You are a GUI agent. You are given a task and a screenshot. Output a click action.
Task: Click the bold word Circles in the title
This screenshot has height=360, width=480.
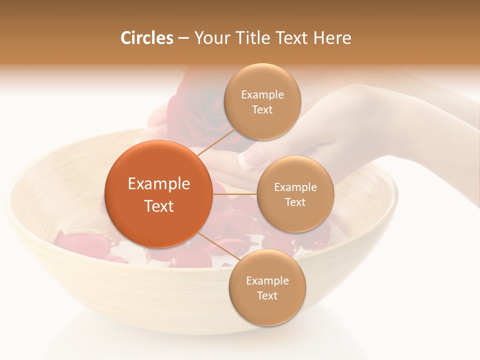(x=147, y=38)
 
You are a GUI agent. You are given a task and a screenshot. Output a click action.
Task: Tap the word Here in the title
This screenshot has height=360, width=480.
(x=332, y=38)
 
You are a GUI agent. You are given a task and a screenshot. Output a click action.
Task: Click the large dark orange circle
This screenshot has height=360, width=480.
(x=158, y=194)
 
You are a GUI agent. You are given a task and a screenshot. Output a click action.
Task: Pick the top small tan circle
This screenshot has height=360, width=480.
(x=262, y=102)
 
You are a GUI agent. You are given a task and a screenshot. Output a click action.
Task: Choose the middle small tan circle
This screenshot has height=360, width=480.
(x=295, y=194)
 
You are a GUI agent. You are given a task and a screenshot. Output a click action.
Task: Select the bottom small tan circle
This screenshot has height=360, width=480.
(x=267, y=287)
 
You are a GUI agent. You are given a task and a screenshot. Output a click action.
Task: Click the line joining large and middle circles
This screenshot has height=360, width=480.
(x=235, y=194)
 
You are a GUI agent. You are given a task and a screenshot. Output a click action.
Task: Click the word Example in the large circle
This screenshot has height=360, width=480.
(x=159, y=184)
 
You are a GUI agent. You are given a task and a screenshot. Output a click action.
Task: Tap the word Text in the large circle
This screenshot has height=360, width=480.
(x=159, y=206)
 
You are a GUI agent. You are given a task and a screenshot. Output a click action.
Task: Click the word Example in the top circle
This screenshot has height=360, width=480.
(x=262, y=95)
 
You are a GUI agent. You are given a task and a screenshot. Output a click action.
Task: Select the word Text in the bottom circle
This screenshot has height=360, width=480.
(x=267, y=295)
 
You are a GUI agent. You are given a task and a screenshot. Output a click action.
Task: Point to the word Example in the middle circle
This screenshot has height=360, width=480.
(x=295, y=187)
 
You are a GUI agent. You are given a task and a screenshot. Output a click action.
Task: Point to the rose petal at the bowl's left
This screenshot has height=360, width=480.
(x=82, y=242)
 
